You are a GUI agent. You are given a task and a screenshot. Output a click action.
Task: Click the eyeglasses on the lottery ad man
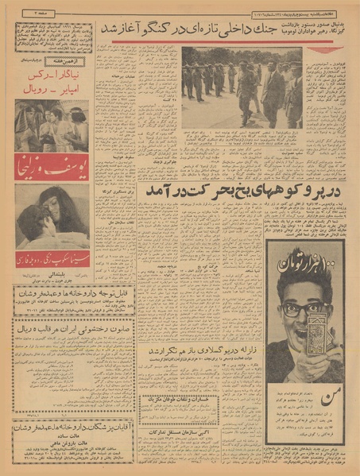[302, 308]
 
